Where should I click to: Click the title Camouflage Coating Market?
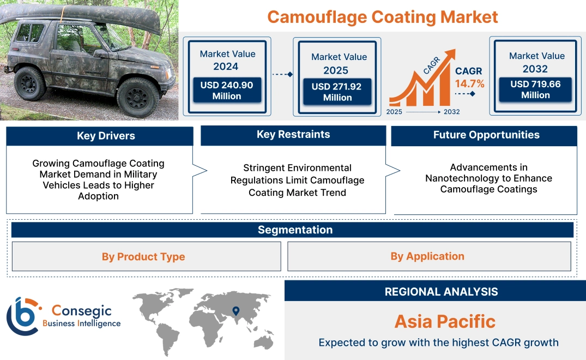click(x=383, y=17)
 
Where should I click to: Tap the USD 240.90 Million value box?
click(x=226, y=91)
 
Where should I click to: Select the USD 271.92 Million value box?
click(x=337, y=92)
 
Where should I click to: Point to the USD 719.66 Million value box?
click(x=535, y=89)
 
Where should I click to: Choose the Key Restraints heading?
click(x=293, y=134)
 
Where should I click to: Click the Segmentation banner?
click(x=295, y=230)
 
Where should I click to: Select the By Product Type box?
click(x=143, y=256)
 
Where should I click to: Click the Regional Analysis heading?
click(x=441, y=292)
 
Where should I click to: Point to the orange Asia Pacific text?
click(x=445, y=321)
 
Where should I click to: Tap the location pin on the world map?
click(x=235, y=311)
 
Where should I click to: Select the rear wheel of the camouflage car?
click(x=31, y=83)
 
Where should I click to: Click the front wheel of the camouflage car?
click(x=138, y=97)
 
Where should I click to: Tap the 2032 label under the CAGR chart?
click(x=451, y=112)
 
